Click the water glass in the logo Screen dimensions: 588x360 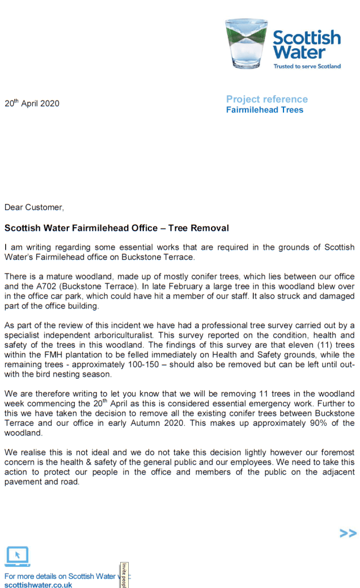246,44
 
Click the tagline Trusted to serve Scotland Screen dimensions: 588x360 307,66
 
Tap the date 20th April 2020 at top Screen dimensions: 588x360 32,104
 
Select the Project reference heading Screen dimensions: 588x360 267,99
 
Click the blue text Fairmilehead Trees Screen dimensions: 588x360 265,110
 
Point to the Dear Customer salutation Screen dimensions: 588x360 35,207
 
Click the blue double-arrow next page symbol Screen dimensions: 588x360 348,533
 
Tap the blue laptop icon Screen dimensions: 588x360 17,556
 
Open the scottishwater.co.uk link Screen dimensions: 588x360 39,585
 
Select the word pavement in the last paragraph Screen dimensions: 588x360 24,482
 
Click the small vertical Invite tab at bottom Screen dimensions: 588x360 124,575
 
